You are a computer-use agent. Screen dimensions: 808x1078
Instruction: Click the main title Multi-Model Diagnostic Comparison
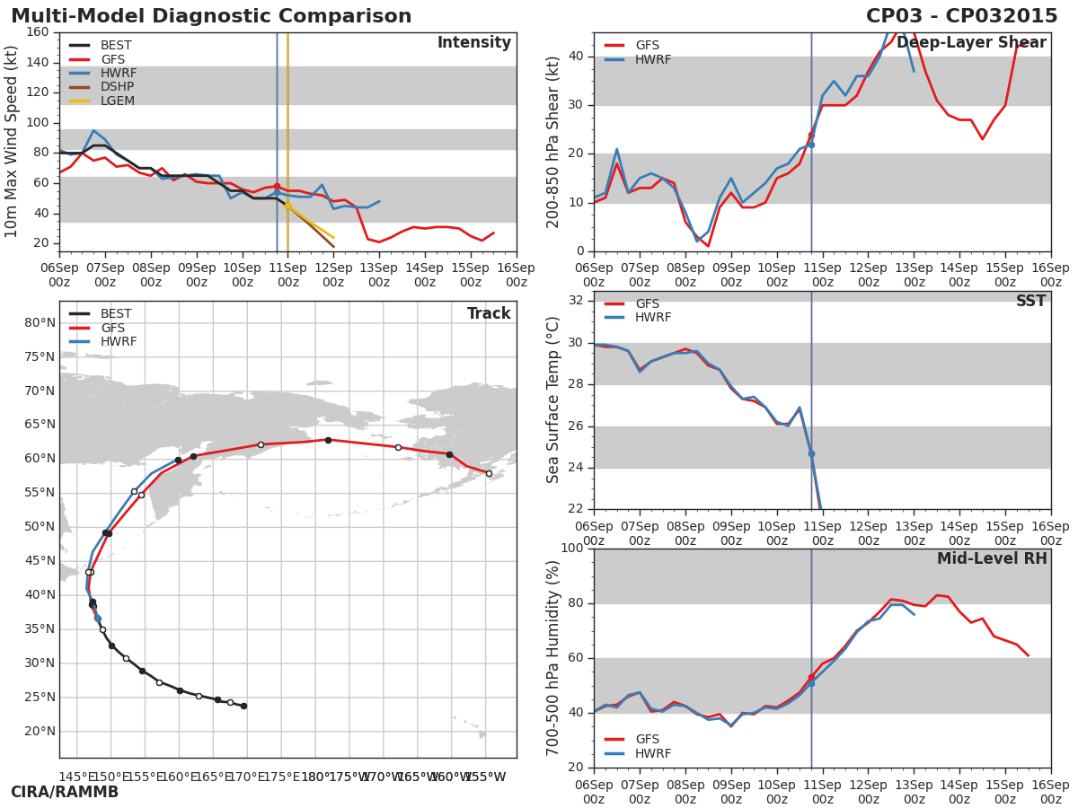pyautogui.click(x=211, y=16)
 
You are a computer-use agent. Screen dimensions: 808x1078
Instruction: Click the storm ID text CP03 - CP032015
pyautogui.click(x=961, y=16)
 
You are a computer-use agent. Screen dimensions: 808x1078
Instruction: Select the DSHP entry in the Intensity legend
pyautogui.click(x=117, y=87)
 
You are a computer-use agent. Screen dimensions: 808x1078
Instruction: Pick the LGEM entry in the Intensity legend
pyautogui.click(x=117, y=101)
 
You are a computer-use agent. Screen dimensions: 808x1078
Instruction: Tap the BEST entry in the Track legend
pyautogui.click(x=116, y=314)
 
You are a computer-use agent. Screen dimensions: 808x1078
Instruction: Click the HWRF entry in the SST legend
pyautogui.click(x=653, y=318)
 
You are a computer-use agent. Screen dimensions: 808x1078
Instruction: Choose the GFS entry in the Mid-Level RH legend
pyautogui.click(x=647, y=740)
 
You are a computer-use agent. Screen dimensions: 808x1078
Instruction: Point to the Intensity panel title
pyautogui.click(x=473, y=43)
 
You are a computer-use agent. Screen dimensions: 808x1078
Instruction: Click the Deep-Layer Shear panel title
pyautogui.click(x=971, y=43)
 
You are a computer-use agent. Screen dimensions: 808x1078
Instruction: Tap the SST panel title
pyautogui.click(x=1030, y=302)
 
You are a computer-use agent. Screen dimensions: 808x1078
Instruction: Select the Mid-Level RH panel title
pyautogui.click(x=992, y=559)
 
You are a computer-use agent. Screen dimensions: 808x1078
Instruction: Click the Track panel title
pyautogui.click(x=489, y=314)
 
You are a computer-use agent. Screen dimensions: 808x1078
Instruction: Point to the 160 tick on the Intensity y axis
pyautogui.click(x=38, y=32)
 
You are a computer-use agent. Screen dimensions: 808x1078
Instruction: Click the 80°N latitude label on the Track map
pyautogui.click(x=40, y=323)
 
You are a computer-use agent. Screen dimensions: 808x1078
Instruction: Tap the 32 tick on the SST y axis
pyautogui.click(x=575, y=301)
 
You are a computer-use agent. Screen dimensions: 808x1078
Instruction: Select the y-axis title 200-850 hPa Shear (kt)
pyautogui.click(x=554, y=142)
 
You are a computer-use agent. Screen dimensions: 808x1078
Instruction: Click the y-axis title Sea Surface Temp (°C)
pyautogui.click(x=554, y=400)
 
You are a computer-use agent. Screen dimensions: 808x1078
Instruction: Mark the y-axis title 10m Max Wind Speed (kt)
pyautogui.click(x=12, y=142)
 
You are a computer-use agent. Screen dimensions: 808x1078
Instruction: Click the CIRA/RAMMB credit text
pyautogui.click(x=65, y=792)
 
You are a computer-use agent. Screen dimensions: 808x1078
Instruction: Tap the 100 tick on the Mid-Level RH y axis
pyautogui.click(x=571, y=549)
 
